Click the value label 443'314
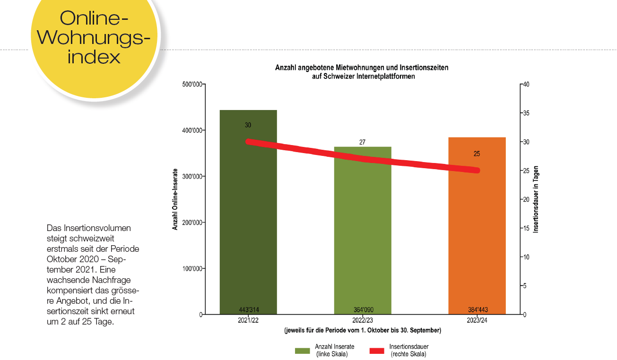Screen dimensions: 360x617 point(248,310)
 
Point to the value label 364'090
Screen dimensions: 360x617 point(363,310)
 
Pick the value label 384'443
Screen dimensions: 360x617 point(477,310)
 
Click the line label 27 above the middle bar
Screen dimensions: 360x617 point(362,142)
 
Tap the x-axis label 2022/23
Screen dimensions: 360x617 point(363,321)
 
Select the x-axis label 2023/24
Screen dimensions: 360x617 point(477,321)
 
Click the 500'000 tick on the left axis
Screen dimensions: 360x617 point(191,85)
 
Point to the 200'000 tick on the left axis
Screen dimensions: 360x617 point(191,223)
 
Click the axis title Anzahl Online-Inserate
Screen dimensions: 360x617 point(175,199)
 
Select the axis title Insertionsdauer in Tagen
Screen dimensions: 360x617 point(536,199)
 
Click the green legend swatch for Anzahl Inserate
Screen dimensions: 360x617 point(302,351)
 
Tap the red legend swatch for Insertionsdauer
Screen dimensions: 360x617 point(376,351)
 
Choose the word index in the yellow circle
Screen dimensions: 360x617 point(94,56)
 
